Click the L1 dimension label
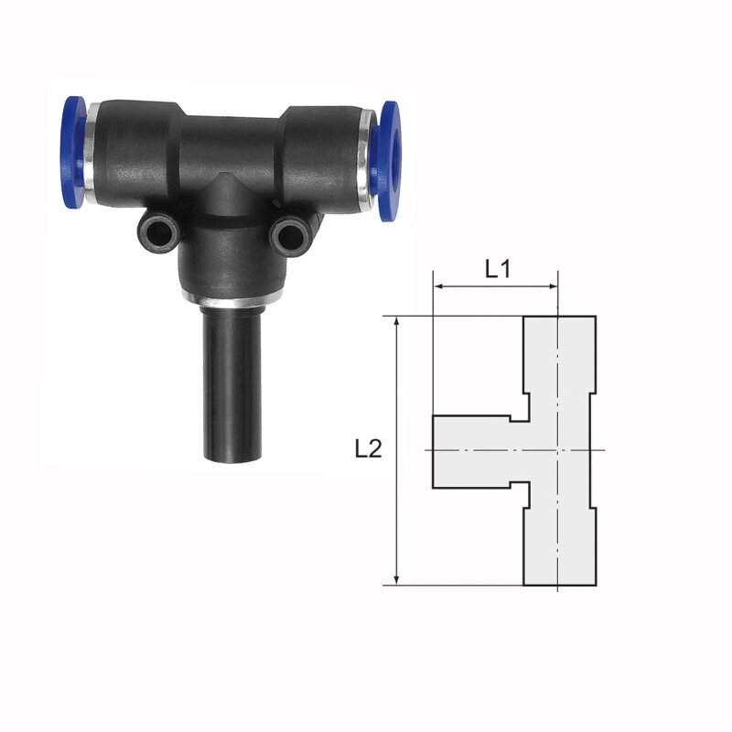click(x=498, y=269)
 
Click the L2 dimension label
click(x=369, y=449)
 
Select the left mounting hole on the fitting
click(x=158, y=231)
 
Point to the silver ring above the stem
click(x=232, y=298)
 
